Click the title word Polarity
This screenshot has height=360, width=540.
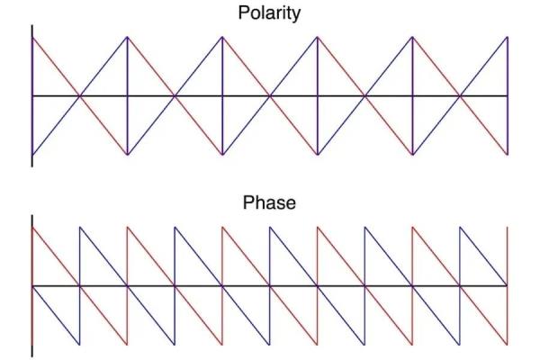tap(269, 13)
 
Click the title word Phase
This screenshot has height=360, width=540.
tap(269, 202)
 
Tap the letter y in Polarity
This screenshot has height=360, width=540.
tap(296, 16)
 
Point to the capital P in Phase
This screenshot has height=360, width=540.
tap(248, 202)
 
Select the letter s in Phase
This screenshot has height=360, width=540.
tap(278, 204)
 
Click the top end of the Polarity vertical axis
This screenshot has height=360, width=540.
tap(32, 25)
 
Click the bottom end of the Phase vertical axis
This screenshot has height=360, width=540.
tap(32, 356)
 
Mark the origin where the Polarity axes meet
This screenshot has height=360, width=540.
tap(32, 95)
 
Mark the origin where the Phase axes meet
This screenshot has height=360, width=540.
tap(32, 285)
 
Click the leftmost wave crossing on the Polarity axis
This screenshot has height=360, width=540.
tap(80, 95)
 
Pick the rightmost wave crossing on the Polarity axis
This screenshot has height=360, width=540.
tap(460, 95)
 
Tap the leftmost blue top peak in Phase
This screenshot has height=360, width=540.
tap(80, 227)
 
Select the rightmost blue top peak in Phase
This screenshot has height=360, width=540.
tap(460, 227)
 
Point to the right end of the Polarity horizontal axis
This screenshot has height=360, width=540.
tap(508, 95)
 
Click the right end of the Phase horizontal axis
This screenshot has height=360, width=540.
tap(508, 285)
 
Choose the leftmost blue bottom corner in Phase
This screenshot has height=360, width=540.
tap(80, 344)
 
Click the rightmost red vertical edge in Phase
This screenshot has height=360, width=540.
tap(508, 285)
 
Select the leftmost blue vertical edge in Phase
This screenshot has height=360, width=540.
tap(80, 285)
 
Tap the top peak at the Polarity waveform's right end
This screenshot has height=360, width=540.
tap(508, 37)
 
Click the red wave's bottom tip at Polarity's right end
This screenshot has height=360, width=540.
tap(508, 154)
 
